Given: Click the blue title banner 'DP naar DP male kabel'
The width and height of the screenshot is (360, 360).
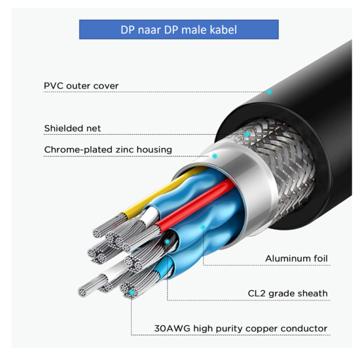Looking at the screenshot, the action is [179, 29].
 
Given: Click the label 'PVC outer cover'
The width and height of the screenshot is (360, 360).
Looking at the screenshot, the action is [81, 86].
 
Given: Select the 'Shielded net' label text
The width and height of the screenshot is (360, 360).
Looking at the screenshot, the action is [72, 128].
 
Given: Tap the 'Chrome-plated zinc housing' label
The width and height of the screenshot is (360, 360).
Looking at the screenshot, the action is [108, 150].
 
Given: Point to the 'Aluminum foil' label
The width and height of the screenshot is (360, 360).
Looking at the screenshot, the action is [297, 259].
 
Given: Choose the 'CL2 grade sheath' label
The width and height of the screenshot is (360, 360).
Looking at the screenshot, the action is [288, 293].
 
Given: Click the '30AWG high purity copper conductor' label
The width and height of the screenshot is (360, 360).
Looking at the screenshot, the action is [241, 329].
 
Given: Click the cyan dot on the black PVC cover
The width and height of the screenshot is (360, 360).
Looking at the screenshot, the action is [269, 92].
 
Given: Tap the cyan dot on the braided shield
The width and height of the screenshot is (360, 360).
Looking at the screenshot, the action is [247, 134].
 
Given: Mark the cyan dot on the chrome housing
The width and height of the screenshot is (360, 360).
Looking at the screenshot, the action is [215, 156].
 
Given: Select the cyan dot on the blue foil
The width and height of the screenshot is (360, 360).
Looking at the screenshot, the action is [203, 227].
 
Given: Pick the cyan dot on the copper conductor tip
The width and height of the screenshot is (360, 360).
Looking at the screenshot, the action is [132, 293].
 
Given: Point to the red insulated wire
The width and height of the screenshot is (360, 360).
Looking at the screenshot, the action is [195, 203].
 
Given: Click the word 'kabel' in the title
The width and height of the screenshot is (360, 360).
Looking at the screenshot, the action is [223, 29].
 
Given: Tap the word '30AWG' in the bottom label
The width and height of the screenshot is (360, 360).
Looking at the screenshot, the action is [172, 329].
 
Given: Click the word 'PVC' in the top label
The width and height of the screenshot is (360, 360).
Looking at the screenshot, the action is [54, 86].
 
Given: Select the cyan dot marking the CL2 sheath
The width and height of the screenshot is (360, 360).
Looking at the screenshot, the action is [168, 242].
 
